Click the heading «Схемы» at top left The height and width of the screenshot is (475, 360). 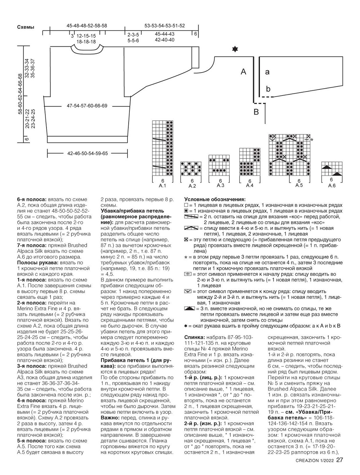click(x=26, y=27)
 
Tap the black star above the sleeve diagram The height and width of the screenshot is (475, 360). click(x=235, y=49)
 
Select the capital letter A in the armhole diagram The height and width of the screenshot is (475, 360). click(x=244, y=72)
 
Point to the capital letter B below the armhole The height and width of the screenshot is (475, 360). click(x=256, y=112)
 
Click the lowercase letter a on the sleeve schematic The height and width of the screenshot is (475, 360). click(x=267, y=72)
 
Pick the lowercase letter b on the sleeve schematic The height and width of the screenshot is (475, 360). click(x=268, y=89)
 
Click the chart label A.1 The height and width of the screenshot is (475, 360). click(x=163, y=186)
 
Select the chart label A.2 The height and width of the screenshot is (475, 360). click(x=192, y=186)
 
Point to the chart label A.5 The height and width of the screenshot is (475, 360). click(x=299, y=185)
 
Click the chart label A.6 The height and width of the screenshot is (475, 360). click(x=332, y=185)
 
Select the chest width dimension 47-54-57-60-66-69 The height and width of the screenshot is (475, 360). click(x=87, y=106)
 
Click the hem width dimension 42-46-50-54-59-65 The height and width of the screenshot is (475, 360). click(x=87, y=153)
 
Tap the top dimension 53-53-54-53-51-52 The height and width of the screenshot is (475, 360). click(x=164, y=26)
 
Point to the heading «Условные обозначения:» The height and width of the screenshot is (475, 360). click(x=215, y=199)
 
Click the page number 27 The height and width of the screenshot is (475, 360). click(x=340, y=460)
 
